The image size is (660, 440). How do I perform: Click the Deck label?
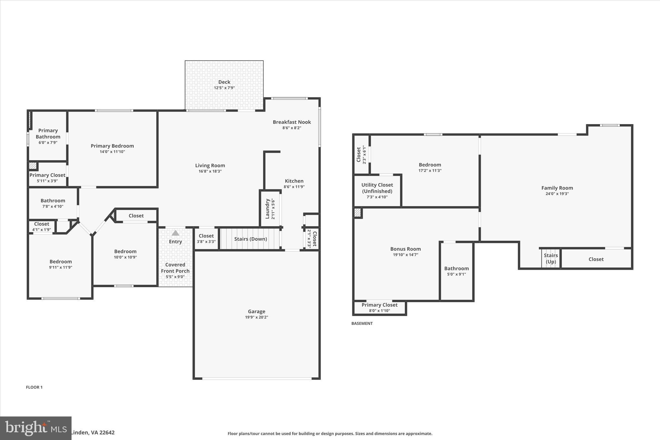tap(224, 82)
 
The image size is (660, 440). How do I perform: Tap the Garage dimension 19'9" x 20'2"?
tap(257, 317)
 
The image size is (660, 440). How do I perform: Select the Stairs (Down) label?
tap(250, 239)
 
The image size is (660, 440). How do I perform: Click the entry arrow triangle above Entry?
tap(175, 233)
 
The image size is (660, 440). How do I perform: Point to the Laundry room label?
tap(267, 209)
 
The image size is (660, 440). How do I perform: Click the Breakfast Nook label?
tap(292, 122)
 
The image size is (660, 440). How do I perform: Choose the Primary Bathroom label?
tap(48, 133)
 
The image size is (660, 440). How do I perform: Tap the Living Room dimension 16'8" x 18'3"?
tap(210, 171)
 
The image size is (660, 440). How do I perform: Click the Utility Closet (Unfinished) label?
tap(377, 188)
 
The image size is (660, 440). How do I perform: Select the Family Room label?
tap(557, 188)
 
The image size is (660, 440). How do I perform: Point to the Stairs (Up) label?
tap(551, 259)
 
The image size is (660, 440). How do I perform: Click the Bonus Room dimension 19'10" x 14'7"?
tap(405, 255)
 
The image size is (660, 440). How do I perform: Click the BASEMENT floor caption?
tap(362, 323)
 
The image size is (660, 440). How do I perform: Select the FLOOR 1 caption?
tap(34, 387)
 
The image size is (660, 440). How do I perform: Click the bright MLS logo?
tap(35, 428)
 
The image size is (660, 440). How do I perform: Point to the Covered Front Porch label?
tap(175, 268)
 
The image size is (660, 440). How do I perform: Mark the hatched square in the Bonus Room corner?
tap(357, 213)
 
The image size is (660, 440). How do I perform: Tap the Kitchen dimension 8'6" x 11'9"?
tap(294, 187)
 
